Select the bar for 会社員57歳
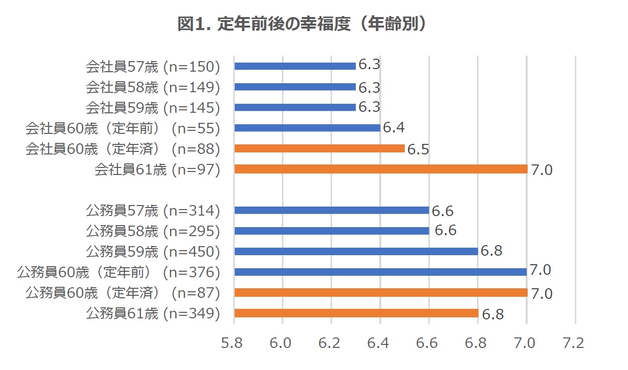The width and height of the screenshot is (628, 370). point(295,66)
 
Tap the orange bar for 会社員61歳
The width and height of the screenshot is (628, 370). point(381,169)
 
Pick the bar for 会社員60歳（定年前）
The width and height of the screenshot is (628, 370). point(307,128)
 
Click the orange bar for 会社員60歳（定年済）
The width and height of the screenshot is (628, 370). point(320,148)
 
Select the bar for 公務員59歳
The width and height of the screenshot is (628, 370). point(356,251)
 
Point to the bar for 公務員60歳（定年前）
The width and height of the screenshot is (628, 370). point(380,272)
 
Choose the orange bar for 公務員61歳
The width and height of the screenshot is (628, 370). point(356,313)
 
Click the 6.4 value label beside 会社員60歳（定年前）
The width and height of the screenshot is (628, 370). point(393,128)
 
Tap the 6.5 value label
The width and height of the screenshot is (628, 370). point(418,149)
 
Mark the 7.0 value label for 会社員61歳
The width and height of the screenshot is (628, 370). point(542,170)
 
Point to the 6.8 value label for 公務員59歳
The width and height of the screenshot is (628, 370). point(491,251)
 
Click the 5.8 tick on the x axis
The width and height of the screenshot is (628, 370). point(232,343)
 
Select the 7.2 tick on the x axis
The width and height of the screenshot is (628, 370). point(574,343)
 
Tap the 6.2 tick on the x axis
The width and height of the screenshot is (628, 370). point(330,343)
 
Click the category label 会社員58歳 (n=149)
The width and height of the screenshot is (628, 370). point(153,87)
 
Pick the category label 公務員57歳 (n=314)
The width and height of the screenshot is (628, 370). point(153,211)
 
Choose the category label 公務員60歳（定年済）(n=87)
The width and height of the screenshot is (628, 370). point(123,293)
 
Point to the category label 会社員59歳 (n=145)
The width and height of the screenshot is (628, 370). point(153,107)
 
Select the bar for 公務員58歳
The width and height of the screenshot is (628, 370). point(332,231)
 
